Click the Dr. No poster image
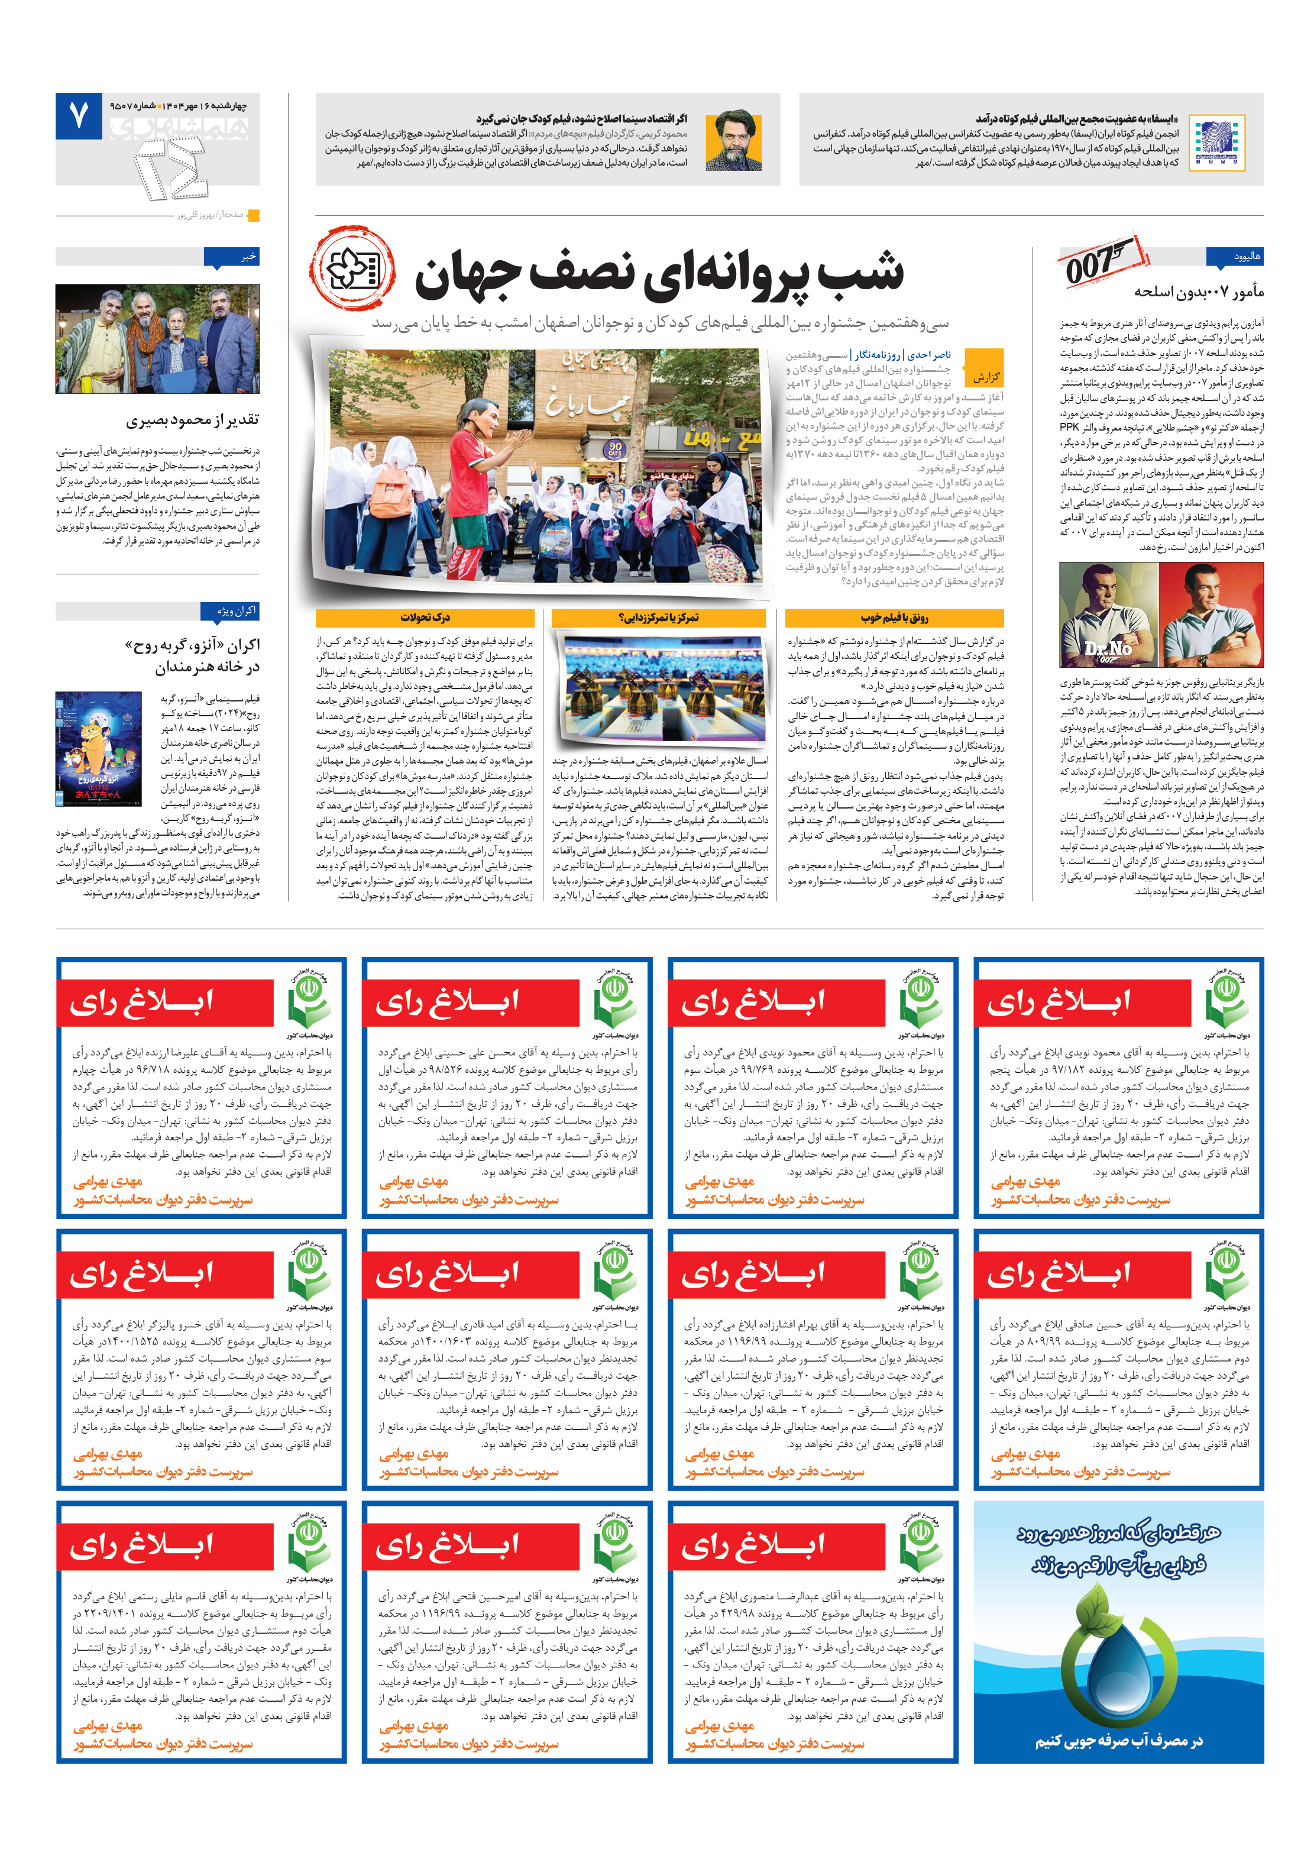pos(1160,615)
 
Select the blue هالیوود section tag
pos(1234,257)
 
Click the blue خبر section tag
pos(232,257)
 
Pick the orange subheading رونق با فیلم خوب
pos(894,617)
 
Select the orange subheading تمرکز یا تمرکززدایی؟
pos(658,617)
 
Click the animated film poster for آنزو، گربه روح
pos(98,748)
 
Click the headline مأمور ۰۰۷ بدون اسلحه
pos(1198,292)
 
